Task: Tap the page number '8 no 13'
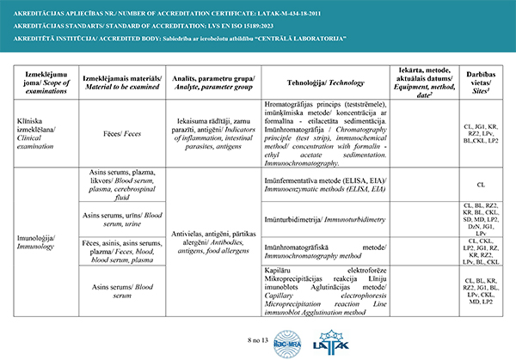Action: pos(258,342)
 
